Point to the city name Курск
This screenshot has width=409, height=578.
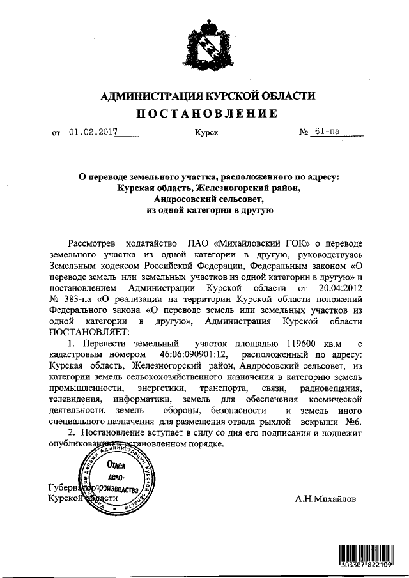coord(206,133)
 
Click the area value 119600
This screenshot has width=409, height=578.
coord(293,345)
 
